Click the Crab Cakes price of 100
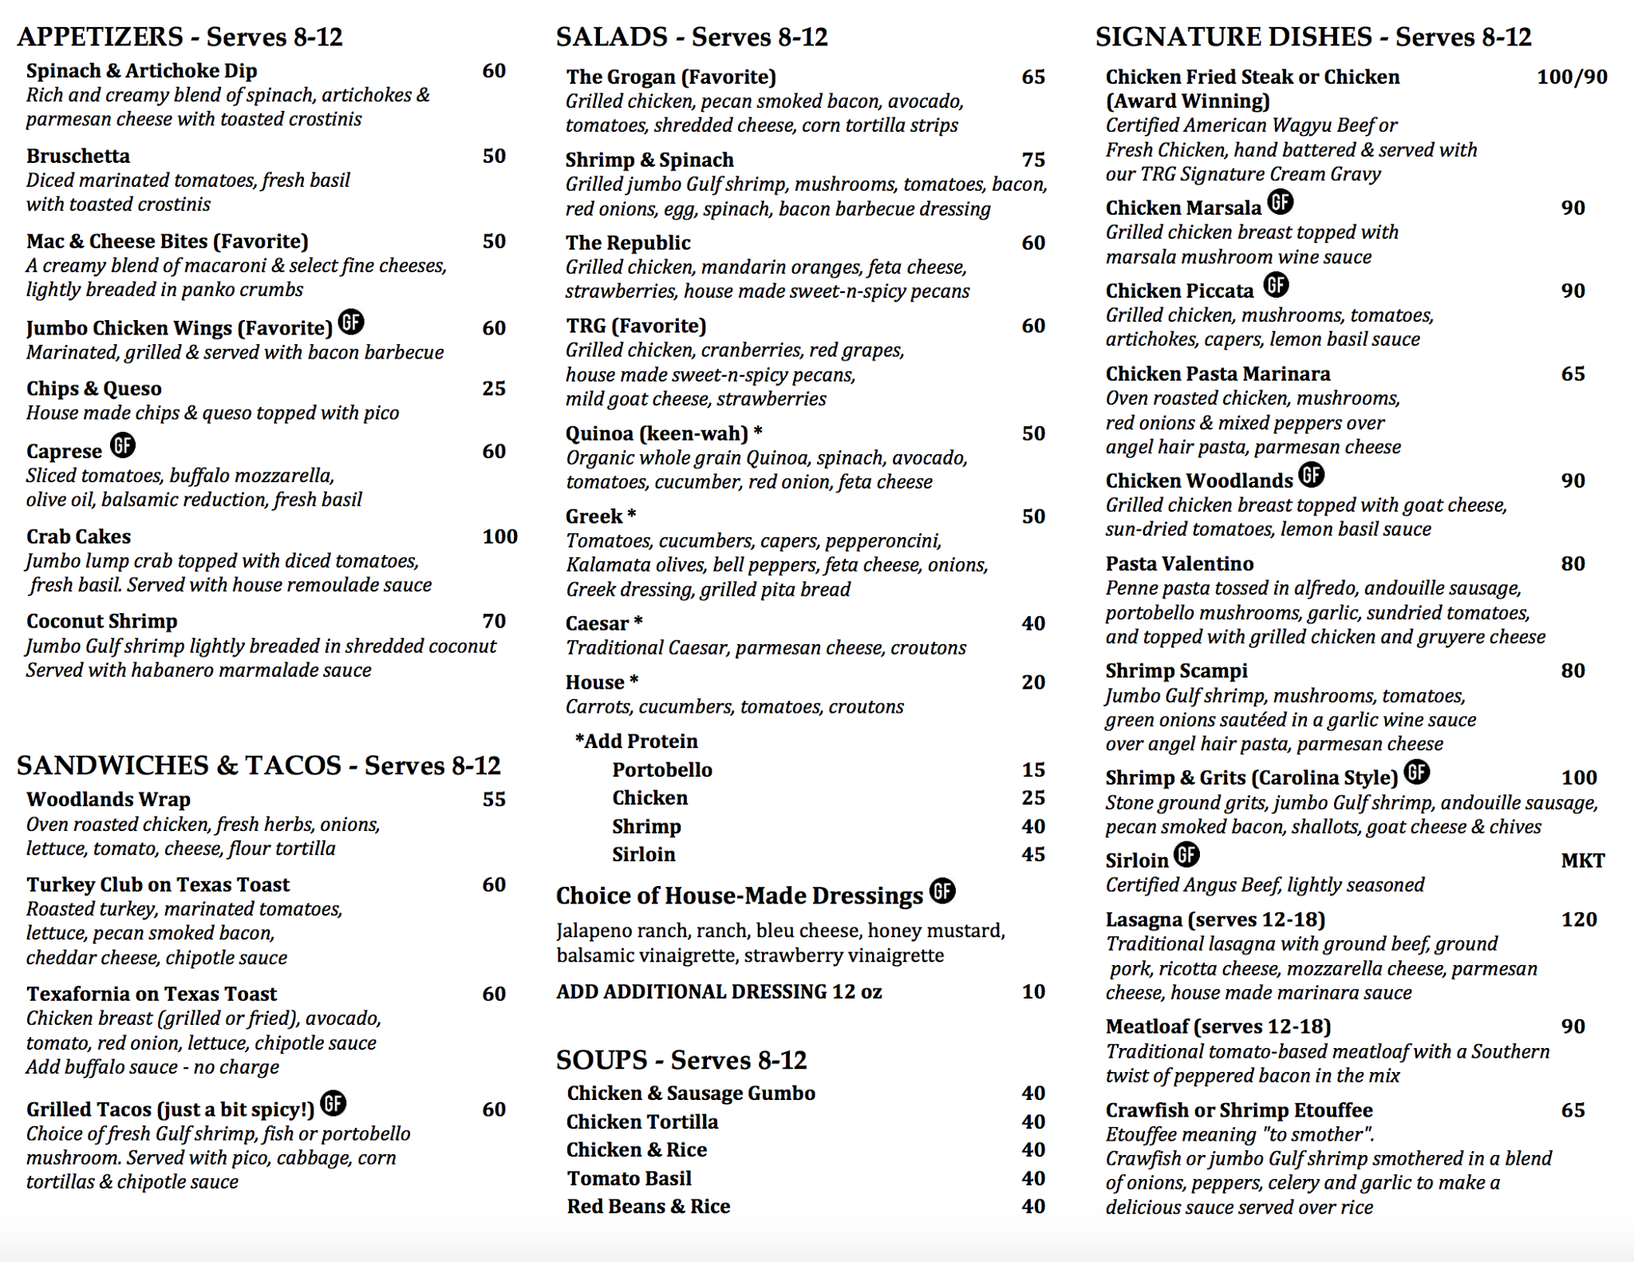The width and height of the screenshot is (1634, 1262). point(499,536)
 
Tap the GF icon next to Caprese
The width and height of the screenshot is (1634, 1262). point(123,445)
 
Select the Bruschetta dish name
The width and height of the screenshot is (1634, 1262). point(78,156)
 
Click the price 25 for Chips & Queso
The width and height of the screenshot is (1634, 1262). point(494,388)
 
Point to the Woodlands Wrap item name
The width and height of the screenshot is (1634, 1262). point(109,799)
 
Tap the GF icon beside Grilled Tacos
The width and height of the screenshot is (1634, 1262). point(334,1103)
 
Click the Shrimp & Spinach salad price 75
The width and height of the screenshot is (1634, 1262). point(1033,160)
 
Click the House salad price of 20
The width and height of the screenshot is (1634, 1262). point(1033,682)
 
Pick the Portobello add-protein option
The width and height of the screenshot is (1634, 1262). point(662,769)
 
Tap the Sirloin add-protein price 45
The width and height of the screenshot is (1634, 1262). point(1033,854)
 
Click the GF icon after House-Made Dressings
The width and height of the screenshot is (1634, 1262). point(942,890)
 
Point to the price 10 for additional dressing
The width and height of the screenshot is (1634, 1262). point(1033,991)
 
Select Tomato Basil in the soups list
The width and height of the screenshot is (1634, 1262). point(630,1178)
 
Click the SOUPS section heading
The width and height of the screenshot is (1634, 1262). point(681,1059)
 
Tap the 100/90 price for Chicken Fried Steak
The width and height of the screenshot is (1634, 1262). point(1572,77)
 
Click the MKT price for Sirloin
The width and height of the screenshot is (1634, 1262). point(1582,860)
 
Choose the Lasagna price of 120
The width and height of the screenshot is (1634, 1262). point(1579,920)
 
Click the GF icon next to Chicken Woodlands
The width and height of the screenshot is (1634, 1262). point(1311,475)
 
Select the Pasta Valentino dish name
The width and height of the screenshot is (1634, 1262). point(1179,564)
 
